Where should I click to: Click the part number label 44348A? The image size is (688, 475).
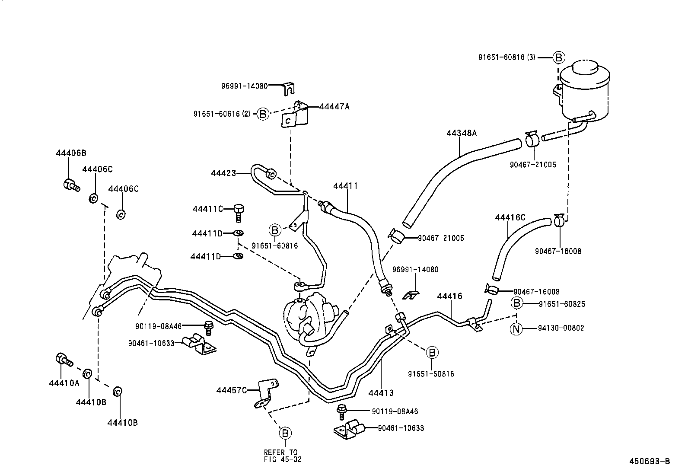[x=461, y=133]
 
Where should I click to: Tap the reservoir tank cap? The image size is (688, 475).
[x=585, y=70]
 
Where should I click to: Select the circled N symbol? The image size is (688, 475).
[x=516, y=328]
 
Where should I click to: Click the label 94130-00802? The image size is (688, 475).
[x=561, y=328]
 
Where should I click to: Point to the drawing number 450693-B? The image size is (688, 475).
[x=649, y=461]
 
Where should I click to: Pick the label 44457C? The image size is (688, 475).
[x=232, y=391]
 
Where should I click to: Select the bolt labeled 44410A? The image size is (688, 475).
[x=64, y=359]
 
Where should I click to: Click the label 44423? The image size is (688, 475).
[x=223, y=173]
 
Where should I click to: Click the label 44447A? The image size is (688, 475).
[x=334, y=106]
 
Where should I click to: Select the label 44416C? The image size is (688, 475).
[x=510, y=217]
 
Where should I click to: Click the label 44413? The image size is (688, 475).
[x=381, y=393]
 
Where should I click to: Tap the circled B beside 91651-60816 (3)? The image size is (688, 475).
[x=558, y=57]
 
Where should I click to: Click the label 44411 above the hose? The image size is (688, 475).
[x=345, y=186]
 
